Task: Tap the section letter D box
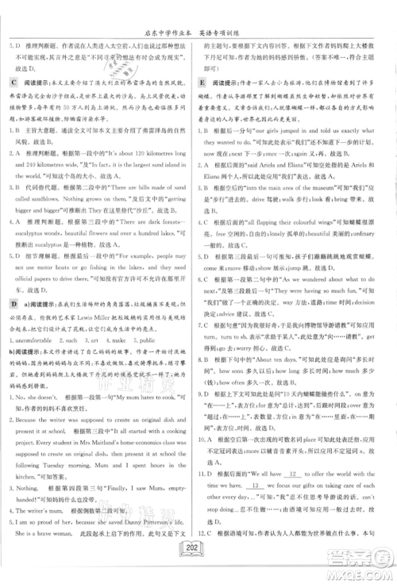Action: (14, 281)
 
